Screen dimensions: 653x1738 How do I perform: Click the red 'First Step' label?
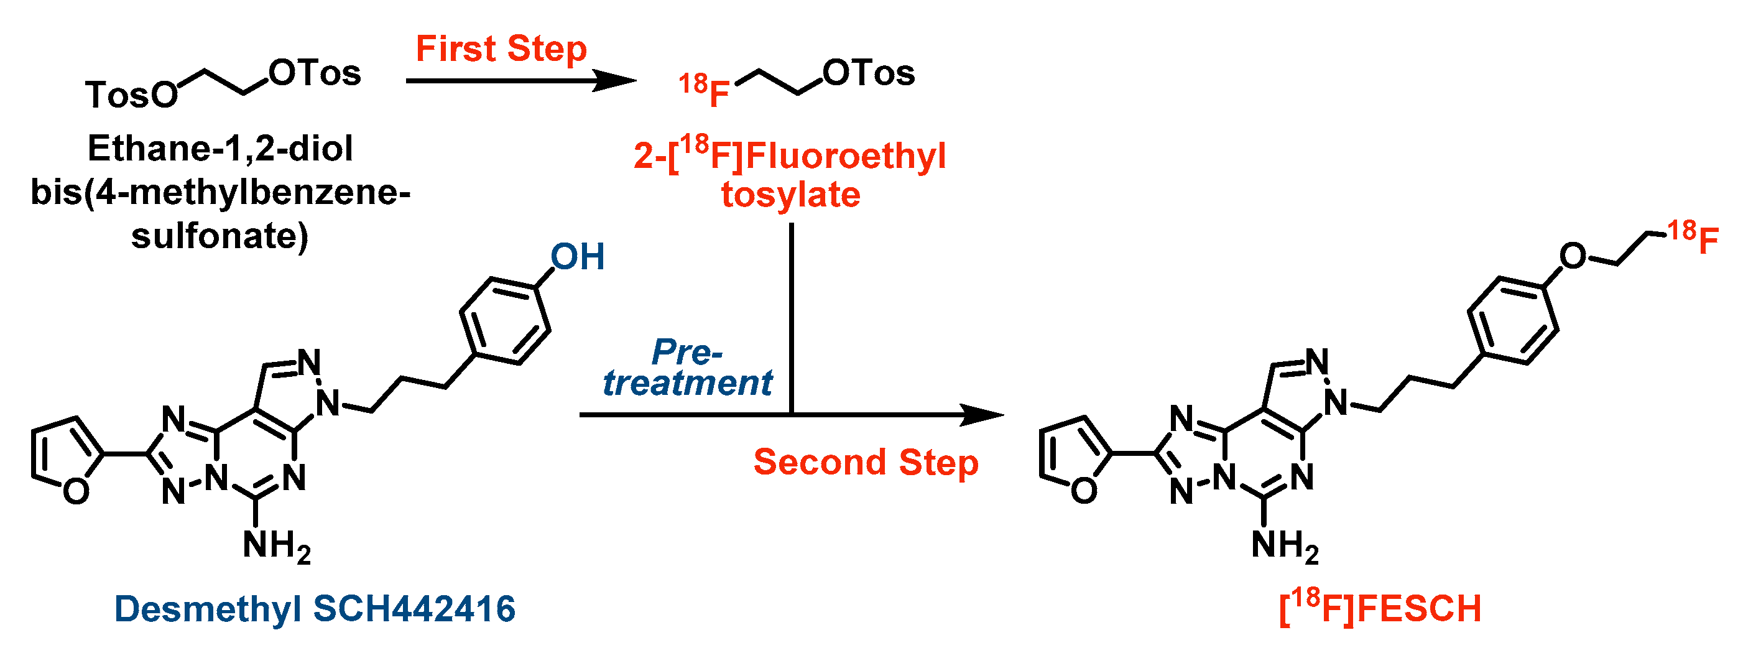[501, 49]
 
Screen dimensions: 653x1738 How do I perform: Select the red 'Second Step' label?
[866, 463]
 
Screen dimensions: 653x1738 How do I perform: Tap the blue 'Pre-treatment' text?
[687, 368]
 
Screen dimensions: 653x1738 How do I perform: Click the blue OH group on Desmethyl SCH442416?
[578, 257]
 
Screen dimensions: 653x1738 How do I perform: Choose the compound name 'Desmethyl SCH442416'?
[315, 608]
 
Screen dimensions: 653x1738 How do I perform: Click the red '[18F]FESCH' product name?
[1380, 608]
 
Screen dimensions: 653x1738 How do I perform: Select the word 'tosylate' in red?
[791, 195]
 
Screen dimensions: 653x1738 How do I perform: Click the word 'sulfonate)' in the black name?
[220, 236]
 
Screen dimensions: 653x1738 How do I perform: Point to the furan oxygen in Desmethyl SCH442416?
[76, 491]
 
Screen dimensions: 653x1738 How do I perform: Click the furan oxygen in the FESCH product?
[1084, 491]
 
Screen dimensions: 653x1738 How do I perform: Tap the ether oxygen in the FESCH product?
[1573, 256]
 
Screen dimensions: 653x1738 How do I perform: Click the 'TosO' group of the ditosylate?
[132, 95]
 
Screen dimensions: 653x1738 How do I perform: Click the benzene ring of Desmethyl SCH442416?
[505, 321]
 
